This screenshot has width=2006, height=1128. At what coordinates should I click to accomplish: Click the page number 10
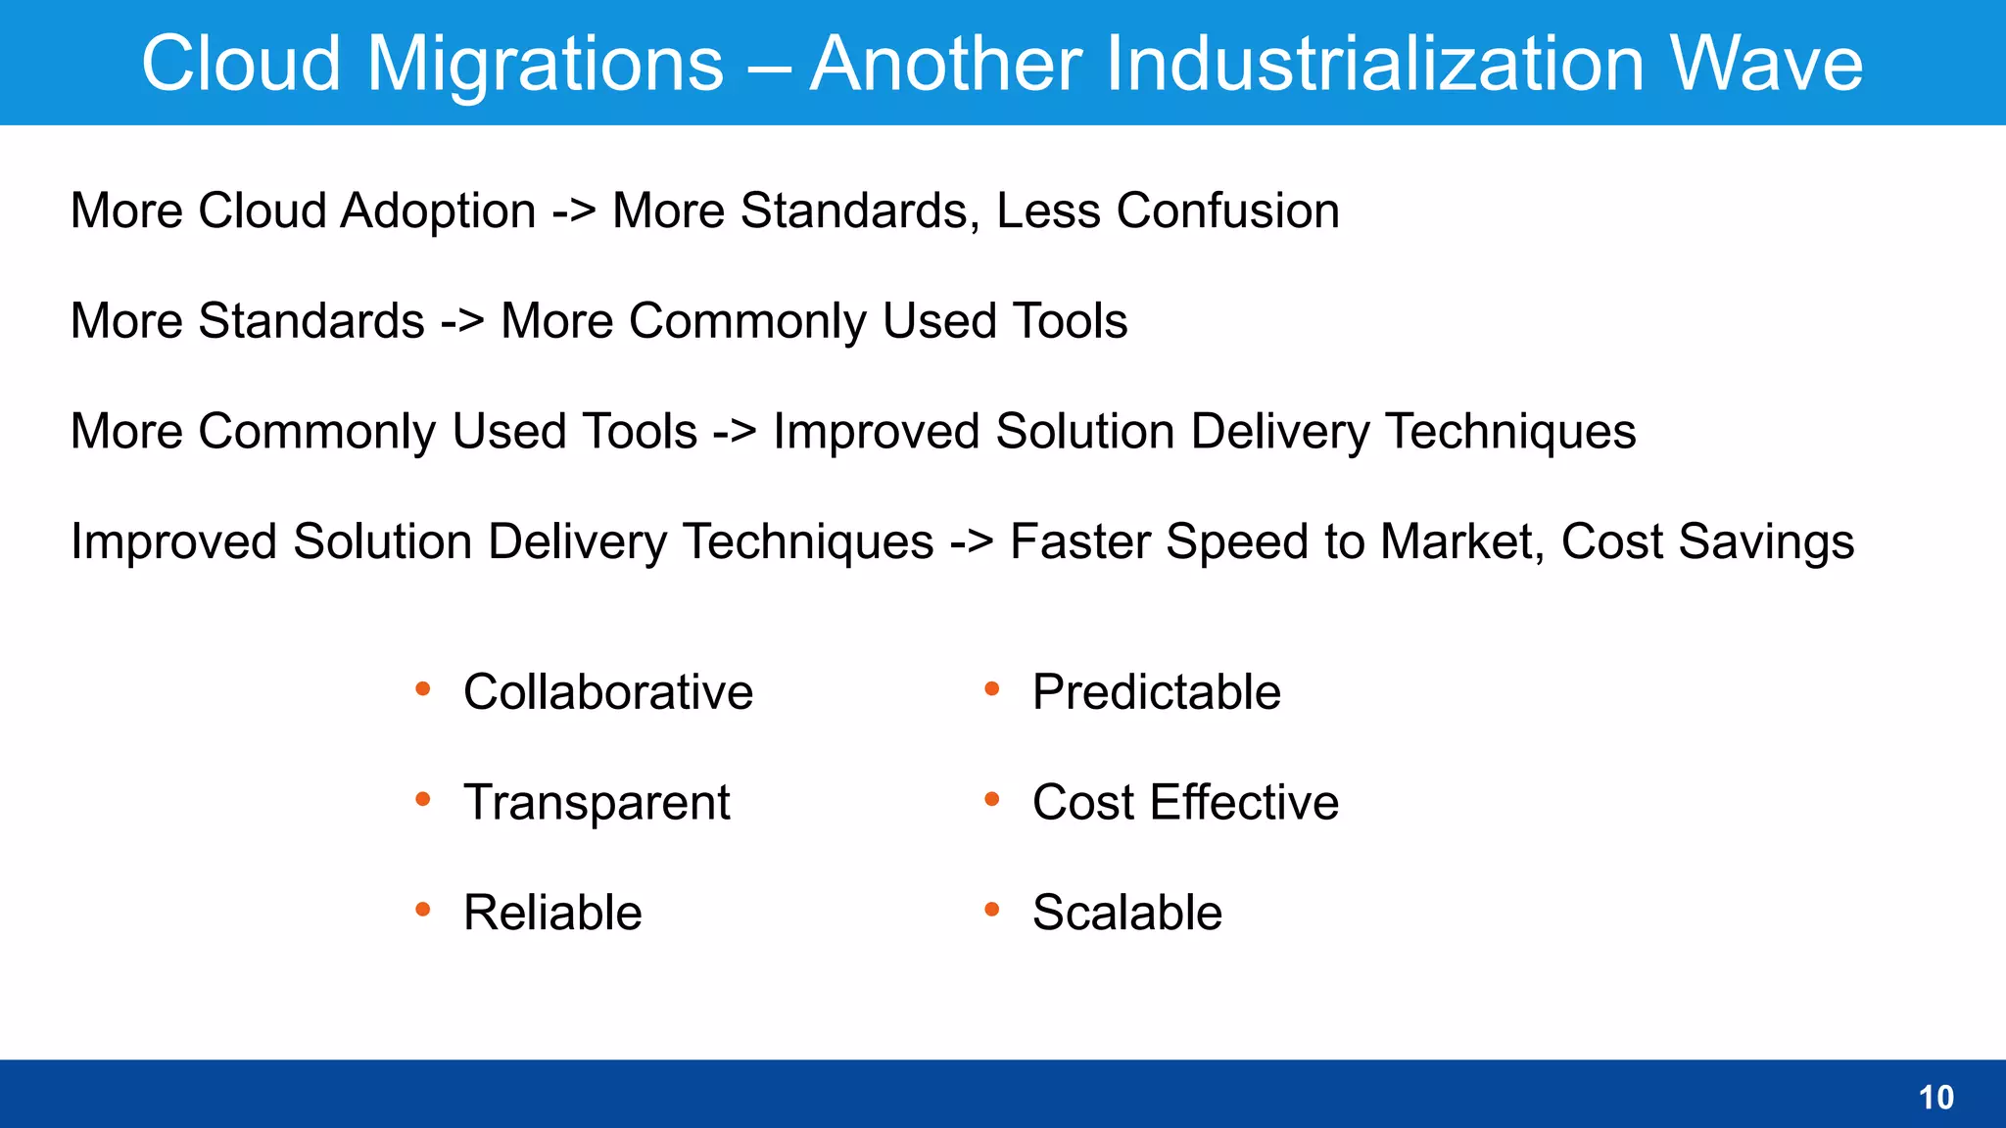coord(1935,1098)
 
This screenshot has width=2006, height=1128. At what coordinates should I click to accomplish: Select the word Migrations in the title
coord(545,64)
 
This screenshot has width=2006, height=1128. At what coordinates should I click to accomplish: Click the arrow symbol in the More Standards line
coord(461,322)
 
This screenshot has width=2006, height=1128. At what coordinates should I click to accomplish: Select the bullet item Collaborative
coord(607,692)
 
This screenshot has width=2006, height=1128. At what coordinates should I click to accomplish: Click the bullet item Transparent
coord(596,803)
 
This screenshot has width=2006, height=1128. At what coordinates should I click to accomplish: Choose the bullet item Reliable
coord(551,913)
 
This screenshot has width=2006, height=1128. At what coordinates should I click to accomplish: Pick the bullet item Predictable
coord(1156,692)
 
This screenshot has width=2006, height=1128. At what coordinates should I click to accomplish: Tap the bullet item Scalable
coord(1126,913)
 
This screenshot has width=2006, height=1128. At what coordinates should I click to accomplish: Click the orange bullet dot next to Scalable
coord(991,910)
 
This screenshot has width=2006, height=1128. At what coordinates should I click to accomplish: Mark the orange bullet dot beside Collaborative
coord(423,689)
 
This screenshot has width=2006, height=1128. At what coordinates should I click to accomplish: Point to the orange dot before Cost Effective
coord(991,800)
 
